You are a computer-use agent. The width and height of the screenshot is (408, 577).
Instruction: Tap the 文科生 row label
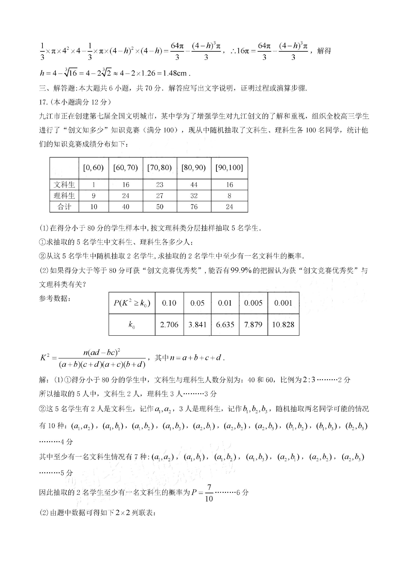pyautogui.click(x=64, y=185)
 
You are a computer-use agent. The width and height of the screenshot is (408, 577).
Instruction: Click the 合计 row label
pyautogui.click(x=64, y=207)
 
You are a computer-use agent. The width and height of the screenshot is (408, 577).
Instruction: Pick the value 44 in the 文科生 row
pyautogui.click(x=194, y=185)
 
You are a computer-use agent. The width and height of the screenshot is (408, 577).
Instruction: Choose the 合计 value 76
pyautogui.click(x=194, y=207)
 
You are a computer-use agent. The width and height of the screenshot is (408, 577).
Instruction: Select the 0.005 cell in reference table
pyautogui.click(x=253, y=303)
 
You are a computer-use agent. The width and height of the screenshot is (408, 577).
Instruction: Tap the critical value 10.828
pyautogui.click(x=283, y=324)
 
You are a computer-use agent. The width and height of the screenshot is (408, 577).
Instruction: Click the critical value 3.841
pyautogui.click(x=197, y=324)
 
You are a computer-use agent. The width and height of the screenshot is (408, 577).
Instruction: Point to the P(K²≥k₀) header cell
pyautogui.click(x=132, y=303)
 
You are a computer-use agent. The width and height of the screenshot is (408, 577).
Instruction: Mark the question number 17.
pyautogui.click(x=43, y=102)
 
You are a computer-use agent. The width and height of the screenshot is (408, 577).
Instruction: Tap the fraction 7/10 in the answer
pyautogui.click(x=209, y=493)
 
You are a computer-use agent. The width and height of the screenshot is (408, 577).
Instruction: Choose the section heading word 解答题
pyautogui.click(x=64, y=88)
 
